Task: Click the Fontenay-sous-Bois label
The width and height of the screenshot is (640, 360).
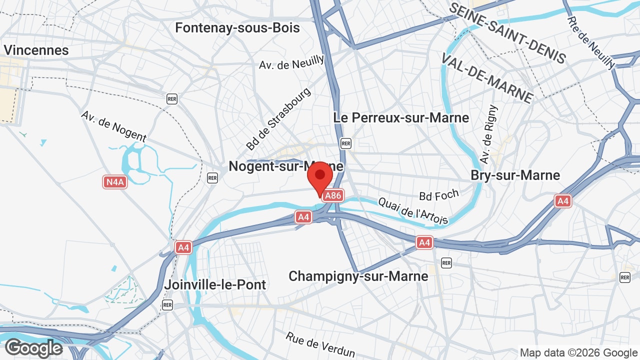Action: [x=237, y=28]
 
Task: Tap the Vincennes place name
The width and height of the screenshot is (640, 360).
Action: [x=36, y=50]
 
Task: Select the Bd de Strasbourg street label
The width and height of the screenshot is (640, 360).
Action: [x=278, y=119]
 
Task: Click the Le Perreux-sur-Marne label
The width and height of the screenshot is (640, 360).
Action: [x=401, y=118]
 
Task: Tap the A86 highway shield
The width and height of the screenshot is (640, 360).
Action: [x=333, y=195]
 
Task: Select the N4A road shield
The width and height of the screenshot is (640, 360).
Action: [x=115, y=182]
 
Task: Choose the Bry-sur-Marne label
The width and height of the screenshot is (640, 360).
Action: [x=515, y=175]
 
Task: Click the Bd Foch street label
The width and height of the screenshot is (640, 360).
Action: [x=439, y=195]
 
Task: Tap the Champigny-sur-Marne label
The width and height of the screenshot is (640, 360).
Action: [x=358, y=276]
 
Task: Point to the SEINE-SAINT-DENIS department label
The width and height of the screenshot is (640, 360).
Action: [x=507, y=32]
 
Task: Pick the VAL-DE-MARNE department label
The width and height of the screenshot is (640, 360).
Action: [x=487, y=77]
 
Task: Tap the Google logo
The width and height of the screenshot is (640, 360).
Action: [x=33, y=348]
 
